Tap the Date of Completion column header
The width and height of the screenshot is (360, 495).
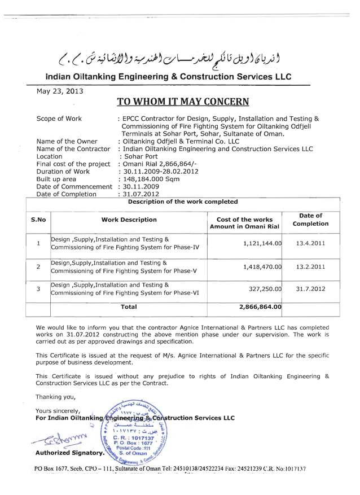click(310, 219)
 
